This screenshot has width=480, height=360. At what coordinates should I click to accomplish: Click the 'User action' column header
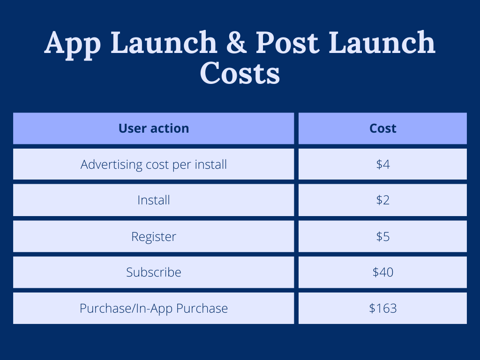[x=153, y=128]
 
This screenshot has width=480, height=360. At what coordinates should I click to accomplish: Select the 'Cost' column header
[x=382, y=128]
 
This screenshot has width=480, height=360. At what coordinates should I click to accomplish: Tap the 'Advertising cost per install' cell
[x=153, y=165]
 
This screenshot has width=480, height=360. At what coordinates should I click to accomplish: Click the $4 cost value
[x=382, y=165]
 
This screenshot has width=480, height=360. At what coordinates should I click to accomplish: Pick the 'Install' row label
[x=153, y=200]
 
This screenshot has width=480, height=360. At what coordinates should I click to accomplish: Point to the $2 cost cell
[x=382, y=200]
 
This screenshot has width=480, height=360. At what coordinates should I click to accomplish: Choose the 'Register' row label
[x=153, y=237]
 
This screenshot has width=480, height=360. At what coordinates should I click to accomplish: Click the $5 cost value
[x=382, y=237]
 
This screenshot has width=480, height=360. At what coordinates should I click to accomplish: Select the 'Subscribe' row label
[x=153, y=272]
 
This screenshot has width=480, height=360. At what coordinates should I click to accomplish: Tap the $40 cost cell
[x=382, y=272]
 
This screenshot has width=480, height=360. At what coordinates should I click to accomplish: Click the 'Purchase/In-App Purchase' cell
[x=153, y=308]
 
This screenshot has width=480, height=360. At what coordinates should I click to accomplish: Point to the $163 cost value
[x=382, y=308]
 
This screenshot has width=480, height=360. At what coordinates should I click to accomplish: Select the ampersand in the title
[x=236, y=42]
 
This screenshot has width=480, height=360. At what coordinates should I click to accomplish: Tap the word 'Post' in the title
[x=287, y=42]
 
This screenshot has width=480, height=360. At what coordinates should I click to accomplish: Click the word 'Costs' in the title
[x=240, y=73]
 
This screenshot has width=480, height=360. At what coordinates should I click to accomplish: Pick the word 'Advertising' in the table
[x=112, y=165]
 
